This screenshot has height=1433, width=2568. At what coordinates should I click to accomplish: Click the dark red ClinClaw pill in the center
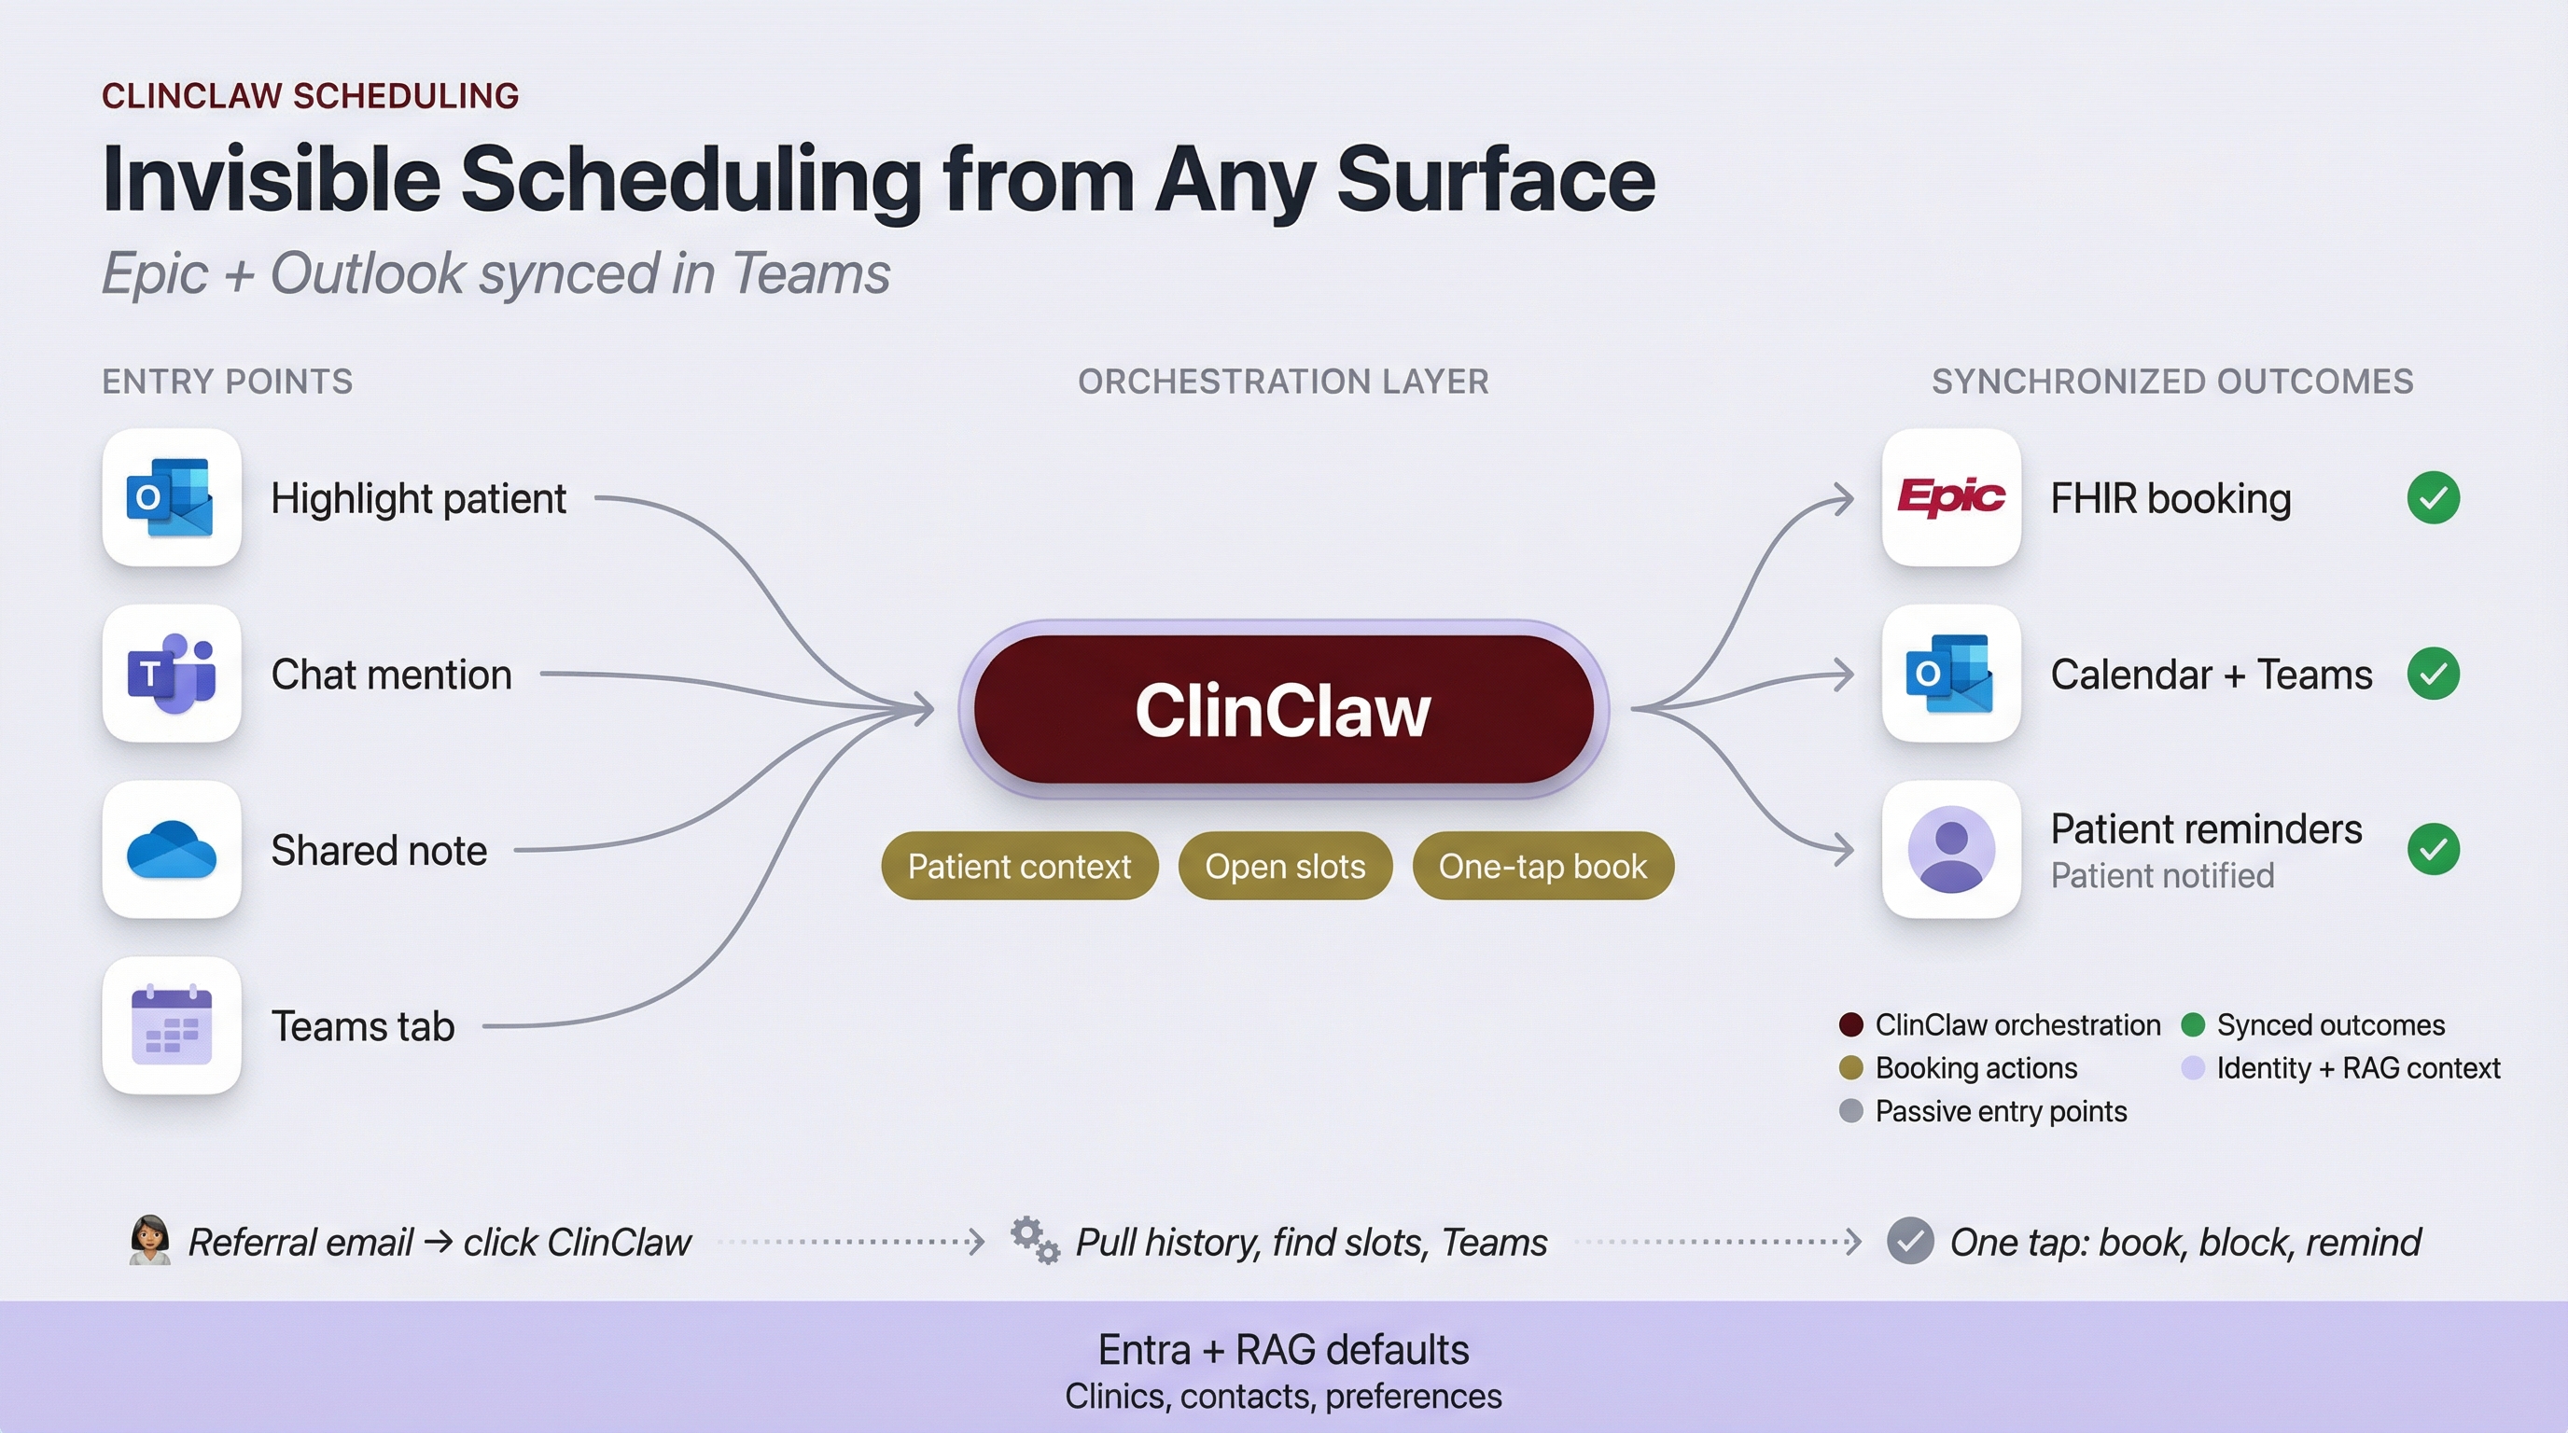tap(1283, 710)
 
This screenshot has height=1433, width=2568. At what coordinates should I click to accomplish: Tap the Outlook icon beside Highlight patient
tap(171, 497)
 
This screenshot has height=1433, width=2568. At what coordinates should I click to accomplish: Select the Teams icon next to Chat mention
tap(171, 674)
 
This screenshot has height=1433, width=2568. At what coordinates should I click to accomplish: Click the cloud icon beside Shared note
tap(171, 850)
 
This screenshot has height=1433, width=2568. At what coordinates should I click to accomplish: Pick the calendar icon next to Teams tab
tap(171, 1025)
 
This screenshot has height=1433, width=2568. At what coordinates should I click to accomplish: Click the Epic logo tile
tap(1951, 497)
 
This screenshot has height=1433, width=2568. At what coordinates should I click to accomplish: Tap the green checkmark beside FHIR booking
tap(2433, 497)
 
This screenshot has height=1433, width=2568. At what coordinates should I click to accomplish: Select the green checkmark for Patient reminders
tap(2433, 849)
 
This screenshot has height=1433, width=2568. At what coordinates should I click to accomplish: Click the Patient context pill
tap(1019, 866)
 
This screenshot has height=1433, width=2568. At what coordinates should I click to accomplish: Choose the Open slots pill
tap(1284, 866)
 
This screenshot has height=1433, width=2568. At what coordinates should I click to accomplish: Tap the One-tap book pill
tap(1542, 866)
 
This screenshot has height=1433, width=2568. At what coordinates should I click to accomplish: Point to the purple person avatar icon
tap(1951, 849)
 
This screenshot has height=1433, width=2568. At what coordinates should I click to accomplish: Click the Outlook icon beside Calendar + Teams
tap(1951, 674)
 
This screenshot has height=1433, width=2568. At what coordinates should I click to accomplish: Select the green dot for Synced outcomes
tap(2192, 1024)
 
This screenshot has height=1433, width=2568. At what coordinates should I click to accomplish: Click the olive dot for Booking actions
tap(1850, 1068)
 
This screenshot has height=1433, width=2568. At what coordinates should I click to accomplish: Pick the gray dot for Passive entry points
tap(1850, 1111)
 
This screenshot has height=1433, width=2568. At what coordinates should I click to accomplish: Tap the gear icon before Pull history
tap(1034, 1241)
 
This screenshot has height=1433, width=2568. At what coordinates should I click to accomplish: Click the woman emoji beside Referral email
tap(149, 1240)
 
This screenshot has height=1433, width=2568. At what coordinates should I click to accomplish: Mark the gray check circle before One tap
tap(1910, 1242)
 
